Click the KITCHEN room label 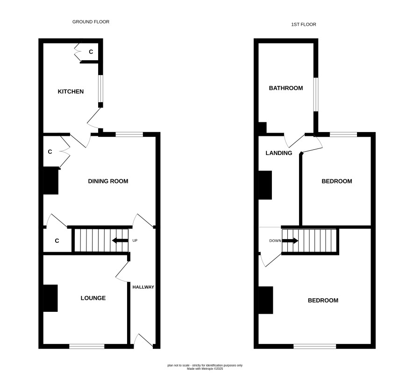click(x=71, y=91)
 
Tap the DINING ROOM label click(x=108, y=181)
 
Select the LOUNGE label click(x=93, y=298)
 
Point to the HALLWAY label click(x=143, y=287)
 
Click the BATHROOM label click(x=286, y=88)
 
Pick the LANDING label click(x=279, y=153)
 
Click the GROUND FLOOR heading click(x=91, y=22)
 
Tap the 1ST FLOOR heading click(x=304, y=25)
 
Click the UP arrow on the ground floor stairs click(x=120, y=240)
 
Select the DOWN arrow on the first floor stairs click(x=290, y=240)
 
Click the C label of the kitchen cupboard click(x=91, y=52)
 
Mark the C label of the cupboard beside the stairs click(x=57, y=241)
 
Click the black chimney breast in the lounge click(x=50, y=298)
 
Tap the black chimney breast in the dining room click(x=51, y=181)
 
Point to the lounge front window click(x=87, y=346)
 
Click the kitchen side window click(x=100, y=89)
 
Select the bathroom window click(x=316, y=94)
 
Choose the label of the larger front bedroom click(x=323, y=301)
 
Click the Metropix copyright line click(x=205, y=369)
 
